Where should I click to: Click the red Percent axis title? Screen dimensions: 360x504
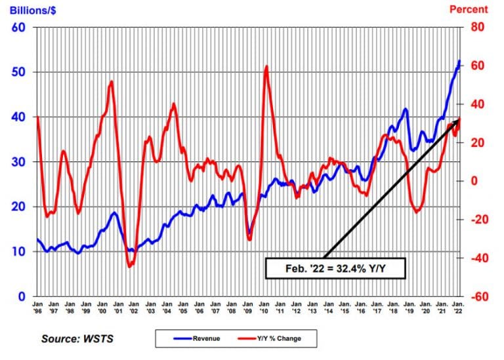click(469, 9)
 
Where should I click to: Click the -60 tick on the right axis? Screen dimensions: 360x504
click(476, 296)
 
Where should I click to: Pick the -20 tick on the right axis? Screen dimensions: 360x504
click(476, 220)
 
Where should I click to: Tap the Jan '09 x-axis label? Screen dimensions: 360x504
click(248, 308)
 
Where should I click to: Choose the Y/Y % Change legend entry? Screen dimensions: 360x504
click(275, 338)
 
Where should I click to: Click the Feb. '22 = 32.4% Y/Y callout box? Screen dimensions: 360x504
click(335, 268)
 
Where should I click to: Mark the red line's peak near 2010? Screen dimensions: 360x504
click(266, 66)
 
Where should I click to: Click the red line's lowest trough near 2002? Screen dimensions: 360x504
click(130, 266)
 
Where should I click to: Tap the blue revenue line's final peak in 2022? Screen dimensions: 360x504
click(459, 61)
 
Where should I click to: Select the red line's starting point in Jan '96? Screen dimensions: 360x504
click(37, 117)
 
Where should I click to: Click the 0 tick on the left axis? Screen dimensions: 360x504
click(21, 296)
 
